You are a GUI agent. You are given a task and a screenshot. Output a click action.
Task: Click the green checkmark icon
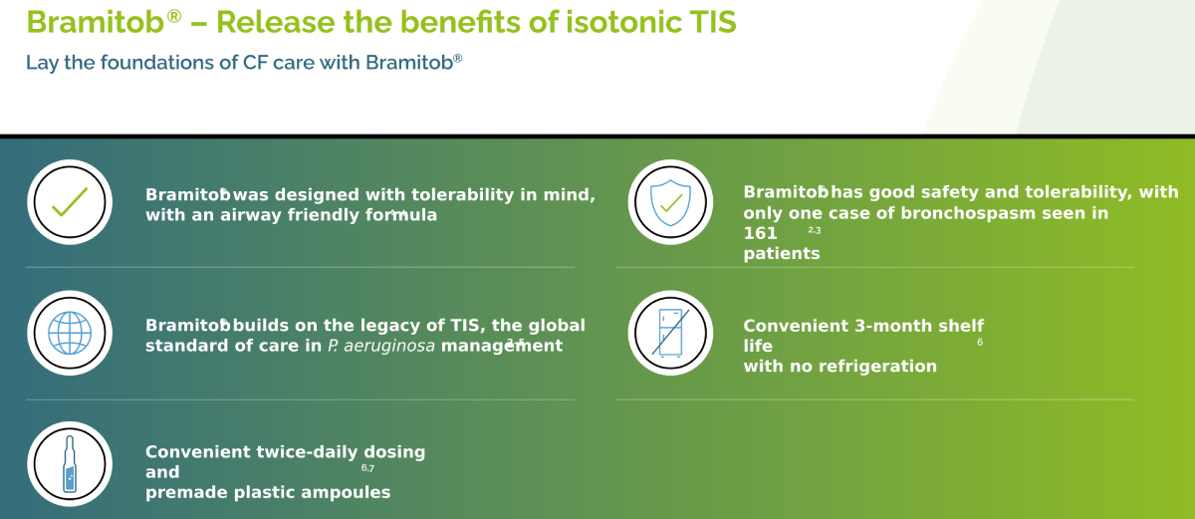point(70,202)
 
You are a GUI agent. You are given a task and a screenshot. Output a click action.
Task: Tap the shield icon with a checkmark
point(670,202)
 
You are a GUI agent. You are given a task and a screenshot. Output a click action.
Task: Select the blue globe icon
point(70,333)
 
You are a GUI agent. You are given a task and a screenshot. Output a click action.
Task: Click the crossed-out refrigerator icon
point(670,333)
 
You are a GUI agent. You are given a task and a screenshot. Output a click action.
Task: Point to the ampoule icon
point(70,463)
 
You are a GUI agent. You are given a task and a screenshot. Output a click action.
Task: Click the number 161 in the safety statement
point(760,234)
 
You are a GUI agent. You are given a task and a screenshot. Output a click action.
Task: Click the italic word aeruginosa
point(389,347)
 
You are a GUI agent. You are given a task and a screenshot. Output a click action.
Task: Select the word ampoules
point(346,492)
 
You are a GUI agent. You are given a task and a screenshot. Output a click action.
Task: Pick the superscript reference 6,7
point(367,468)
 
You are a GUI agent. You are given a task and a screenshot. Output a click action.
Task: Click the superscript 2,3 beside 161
point(815,230)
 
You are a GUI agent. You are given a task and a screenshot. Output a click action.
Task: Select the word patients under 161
point(782,253)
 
